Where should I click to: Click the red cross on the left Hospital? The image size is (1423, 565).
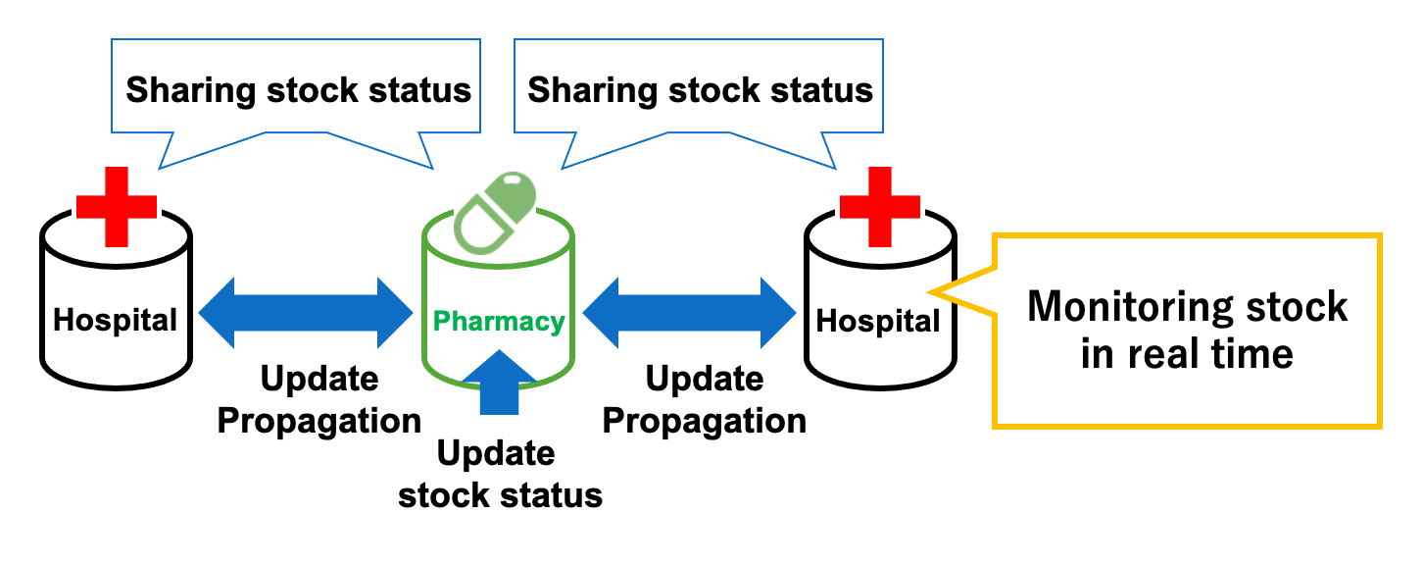click(117, 206)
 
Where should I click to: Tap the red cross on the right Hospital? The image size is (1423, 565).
click(880, 206)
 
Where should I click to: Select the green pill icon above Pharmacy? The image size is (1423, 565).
click(498, 211)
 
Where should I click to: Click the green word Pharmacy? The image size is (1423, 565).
click(499, 321)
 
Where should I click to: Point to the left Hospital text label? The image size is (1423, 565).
click(116, 319)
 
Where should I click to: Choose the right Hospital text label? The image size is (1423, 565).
click(878, 321)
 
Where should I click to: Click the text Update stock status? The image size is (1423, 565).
click(500, 475)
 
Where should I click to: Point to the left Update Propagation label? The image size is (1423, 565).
click(319, 399)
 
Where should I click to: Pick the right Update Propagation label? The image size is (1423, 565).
click(704, 399)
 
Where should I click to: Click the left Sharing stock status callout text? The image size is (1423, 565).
click(299, 90)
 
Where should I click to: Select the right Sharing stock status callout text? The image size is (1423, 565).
click(700, 90)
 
